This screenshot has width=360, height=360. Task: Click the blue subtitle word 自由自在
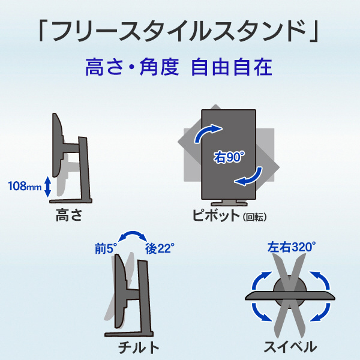(232, 67)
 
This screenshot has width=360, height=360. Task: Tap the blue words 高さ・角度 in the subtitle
(132, 67)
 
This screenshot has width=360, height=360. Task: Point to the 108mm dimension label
(25, 186)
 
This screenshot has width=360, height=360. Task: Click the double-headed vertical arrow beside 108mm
(47, 187)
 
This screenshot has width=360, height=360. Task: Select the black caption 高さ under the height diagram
(69, 215)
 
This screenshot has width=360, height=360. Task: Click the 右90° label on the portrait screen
(229, 157)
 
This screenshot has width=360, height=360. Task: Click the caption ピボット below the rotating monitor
(216, 215)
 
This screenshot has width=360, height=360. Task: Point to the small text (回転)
(254, 217)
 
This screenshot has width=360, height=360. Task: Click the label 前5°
(106, 248)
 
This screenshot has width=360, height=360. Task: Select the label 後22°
(160, 248)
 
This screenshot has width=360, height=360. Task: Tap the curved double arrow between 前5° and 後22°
(133, 233)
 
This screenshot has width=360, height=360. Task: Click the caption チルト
(139, 347)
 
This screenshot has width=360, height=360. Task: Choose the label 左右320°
(292, 247)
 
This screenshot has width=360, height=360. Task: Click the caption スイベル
(290, 347)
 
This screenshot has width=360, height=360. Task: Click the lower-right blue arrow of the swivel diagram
(322, 313)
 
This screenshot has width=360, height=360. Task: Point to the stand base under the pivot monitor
(229, 203)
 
